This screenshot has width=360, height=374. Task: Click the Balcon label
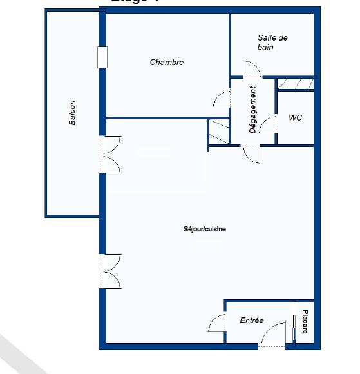coord(73,112)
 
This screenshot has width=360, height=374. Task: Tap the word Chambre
coord(167,63)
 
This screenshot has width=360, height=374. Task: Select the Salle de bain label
coord(272,43)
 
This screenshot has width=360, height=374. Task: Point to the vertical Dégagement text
coord(253,110)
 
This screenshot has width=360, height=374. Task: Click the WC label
coord(296,118)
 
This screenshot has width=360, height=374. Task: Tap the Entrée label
coord(252,320)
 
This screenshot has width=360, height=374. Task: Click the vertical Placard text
coord(305,322)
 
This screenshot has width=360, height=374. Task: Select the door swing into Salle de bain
coord(249,69)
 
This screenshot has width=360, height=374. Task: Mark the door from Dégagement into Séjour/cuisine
coord(251,155)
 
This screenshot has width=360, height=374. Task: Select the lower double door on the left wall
coord(111,271)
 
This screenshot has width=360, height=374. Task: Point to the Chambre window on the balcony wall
coord(102,57)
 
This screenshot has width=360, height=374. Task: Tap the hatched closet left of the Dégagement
coord(218,133)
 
